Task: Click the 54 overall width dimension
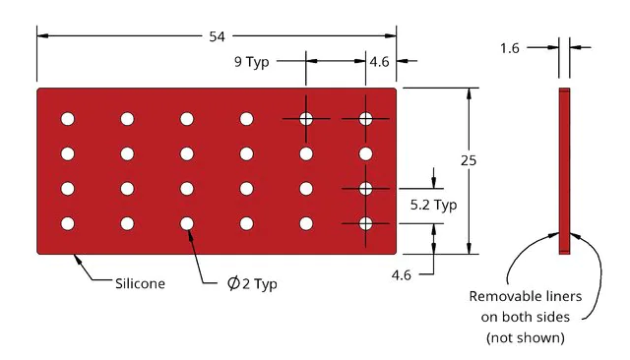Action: coord(217,36)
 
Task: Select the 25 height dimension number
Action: coord(469,160)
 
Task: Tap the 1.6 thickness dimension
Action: coord(510,48)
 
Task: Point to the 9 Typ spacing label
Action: coord(252,62)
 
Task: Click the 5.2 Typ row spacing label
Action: coord(433,206)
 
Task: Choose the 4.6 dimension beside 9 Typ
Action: coord(379,62)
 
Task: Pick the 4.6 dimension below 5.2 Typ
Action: coord(401,275)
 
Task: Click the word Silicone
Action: coord(140,283)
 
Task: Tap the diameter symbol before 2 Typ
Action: coord(233,283)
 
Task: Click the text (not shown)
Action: coord(525,337)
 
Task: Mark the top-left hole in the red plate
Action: coord(68,119)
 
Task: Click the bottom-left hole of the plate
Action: coord(68,223)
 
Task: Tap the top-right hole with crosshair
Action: coord(365,119)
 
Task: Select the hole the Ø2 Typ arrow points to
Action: coord(187,223)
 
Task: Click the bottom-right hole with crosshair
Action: coord(365,223)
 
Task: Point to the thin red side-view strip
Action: coord(564,171)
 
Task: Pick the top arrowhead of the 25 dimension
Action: coord(469,93)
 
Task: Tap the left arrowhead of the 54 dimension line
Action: coord(43,35)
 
